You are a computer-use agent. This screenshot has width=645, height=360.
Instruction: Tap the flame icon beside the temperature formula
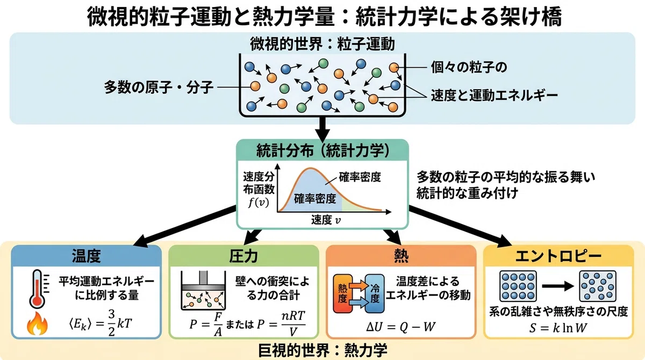37,324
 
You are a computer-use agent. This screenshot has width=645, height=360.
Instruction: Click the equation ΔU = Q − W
400,327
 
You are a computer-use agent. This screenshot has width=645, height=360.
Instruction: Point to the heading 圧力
243,256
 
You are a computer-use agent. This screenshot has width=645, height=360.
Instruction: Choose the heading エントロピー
558,256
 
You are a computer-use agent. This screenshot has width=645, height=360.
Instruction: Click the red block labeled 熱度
343,293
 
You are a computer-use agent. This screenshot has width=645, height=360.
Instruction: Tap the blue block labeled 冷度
375,293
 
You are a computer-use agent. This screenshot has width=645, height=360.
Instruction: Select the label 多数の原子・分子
159,87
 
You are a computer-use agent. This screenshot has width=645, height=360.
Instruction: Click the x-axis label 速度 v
326,220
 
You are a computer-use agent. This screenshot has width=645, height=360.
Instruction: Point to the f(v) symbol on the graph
259,203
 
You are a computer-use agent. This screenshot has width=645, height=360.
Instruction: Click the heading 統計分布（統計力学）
323,151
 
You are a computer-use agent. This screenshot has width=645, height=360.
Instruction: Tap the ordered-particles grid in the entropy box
518,286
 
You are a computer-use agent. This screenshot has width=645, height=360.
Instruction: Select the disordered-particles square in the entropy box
598,286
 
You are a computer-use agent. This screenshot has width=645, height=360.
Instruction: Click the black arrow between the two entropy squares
558,286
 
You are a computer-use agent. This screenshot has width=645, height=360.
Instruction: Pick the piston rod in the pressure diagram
203,278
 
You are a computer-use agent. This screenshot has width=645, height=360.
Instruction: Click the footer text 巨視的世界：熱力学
322,350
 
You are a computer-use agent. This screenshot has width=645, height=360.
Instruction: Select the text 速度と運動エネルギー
494,95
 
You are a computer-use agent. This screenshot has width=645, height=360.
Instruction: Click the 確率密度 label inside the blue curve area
315,199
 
